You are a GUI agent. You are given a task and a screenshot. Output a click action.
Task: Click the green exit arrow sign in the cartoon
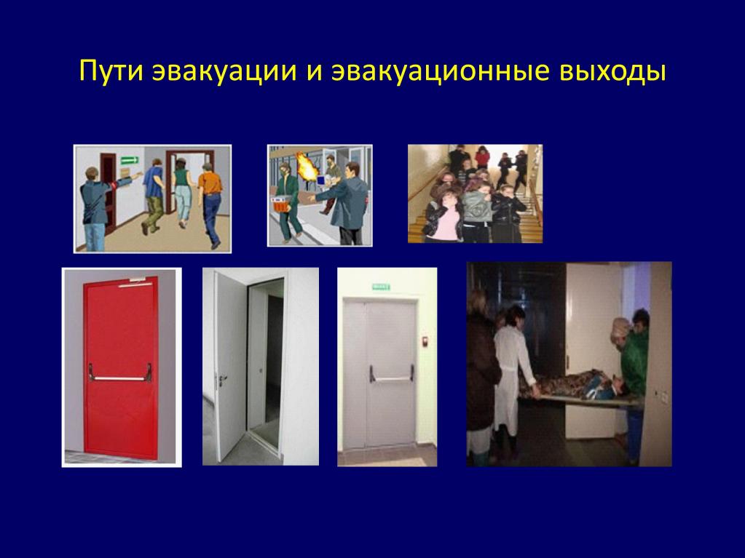[129, 160]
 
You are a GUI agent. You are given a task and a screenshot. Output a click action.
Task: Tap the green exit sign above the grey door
[381, 287]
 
